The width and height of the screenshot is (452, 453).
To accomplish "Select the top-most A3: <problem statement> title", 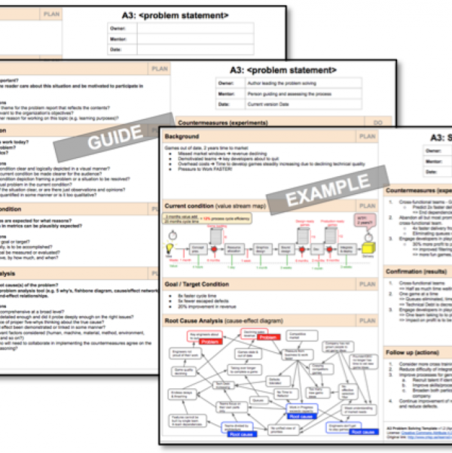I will (x=175, y=15).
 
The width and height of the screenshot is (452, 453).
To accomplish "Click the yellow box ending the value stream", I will (x=368, y=248).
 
